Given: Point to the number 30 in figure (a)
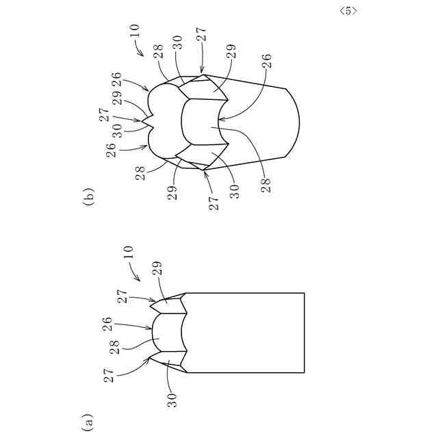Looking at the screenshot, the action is pyautogui.click(x=173, y=400).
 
